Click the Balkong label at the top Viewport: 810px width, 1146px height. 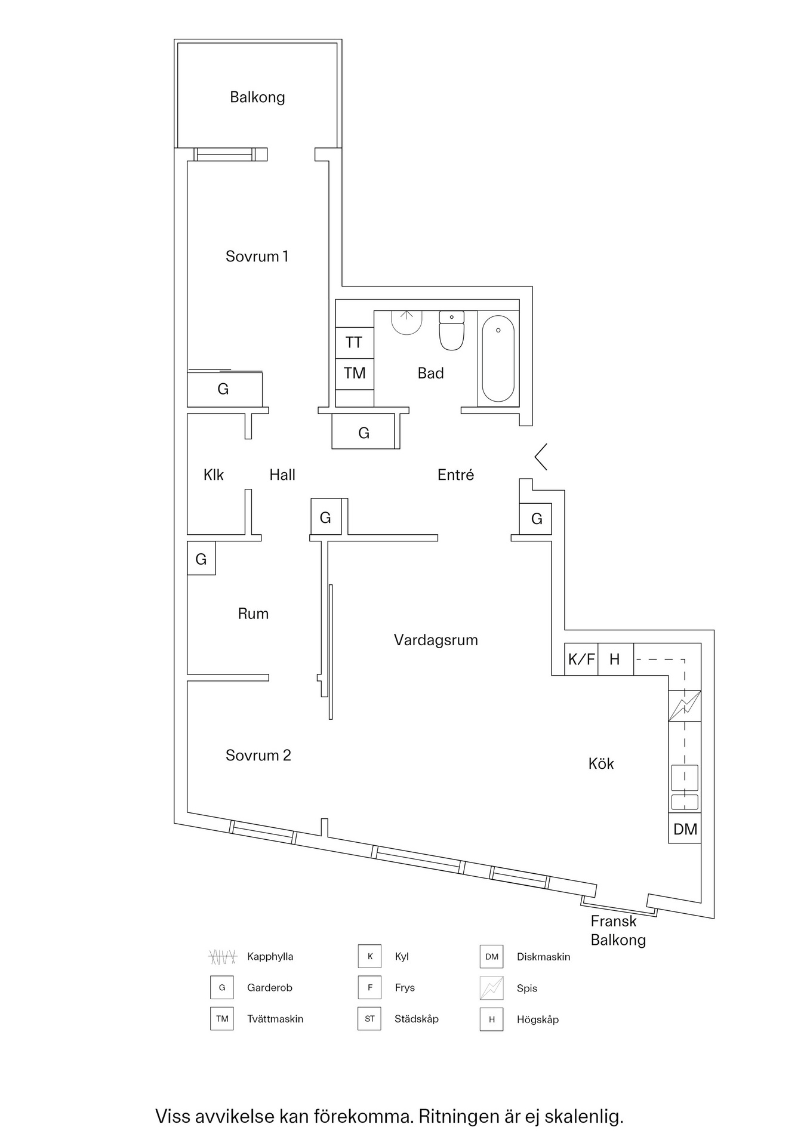point(257,97)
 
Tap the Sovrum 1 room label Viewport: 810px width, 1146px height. point(257,257)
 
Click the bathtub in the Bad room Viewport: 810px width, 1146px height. point(498,358)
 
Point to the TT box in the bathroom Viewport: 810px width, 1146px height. point(354,343)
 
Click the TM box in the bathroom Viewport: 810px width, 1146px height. point(355,374)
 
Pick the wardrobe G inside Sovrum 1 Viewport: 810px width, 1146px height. point(224,390)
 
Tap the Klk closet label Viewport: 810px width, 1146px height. point(213,475)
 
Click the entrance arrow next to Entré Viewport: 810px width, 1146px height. point(541,457)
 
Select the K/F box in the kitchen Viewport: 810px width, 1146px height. point(581,660)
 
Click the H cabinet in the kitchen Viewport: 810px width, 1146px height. point(615,660)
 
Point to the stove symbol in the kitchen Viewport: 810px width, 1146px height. point(684,706)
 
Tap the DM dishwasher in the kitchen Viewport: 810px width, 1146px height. point(685,829)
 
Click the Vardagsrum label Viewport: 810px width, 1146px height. point(436,640)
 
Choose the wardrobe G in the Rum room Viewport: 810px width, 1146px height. point(201,559)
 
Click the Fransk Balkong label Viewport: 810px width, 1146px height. point(618,931)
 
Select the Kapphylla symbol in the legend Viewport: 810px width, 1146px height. point(223,957)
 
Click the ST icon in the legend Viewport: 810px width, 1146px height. point(369,1019)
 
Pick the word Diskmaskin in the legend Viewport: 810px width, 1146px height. point(543,957)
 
